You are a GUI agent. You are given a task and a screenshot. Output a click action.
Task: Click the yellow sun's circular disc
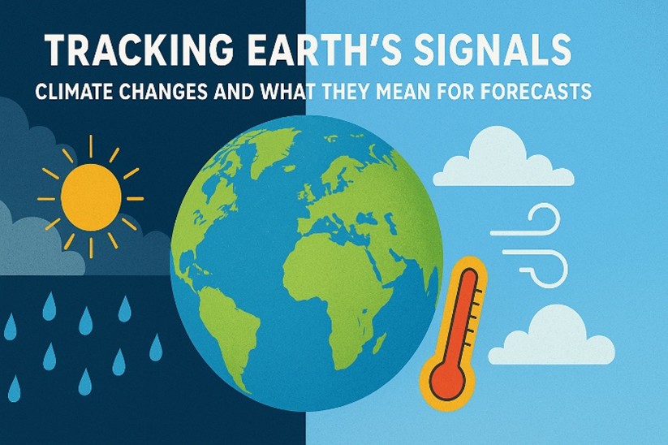coord(90,197)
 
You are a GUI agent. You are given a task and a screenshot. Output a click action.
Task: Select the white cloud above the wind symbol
coord(502,160)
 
